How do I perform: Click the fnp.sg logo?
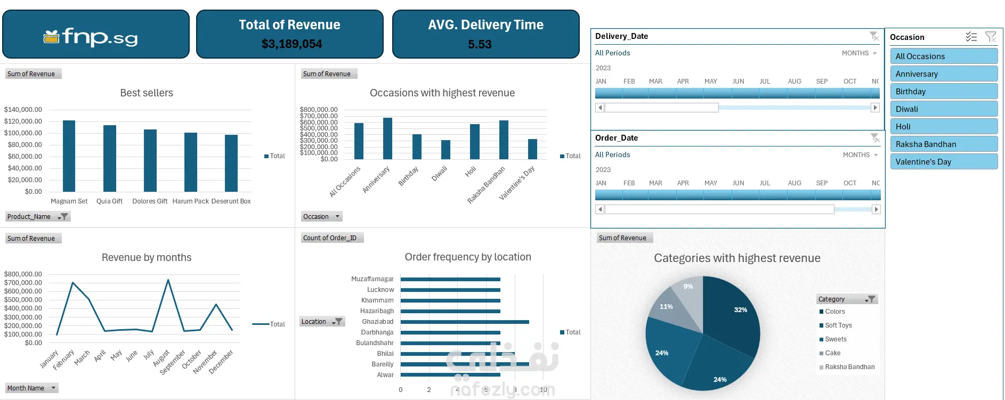91,37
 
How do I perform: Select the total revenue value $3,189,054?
291,44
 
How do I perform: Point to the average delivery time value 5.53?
480,44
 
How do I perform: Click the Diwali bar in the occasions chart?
445,150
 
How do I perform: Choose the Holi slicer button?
943,127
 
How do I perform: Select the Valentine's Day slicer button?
943,162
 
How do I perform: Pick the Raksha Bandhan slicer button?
943,144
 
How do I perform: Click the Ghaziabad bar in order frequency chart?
464,322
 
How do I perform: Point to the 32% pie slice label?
740,310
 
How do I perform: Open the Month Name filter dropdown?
53,388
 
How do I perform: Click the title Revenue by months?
147,258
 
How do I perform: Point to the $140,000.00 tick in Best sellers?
23,110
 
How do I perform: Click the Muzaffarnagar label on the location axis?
372,279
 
